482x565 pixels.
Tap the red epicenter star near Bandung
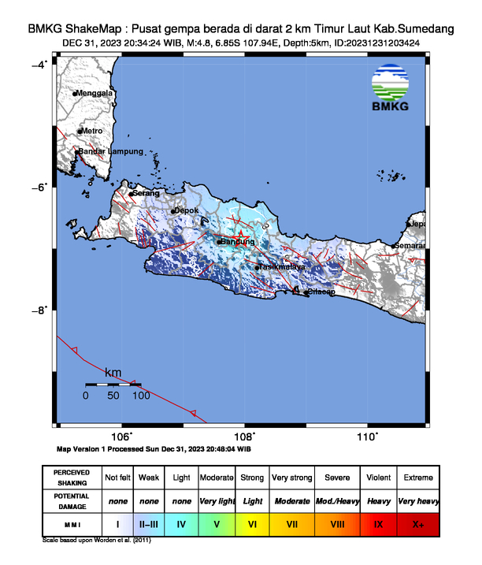coord(243,238)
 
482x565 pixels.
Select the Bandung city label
coord(237,241)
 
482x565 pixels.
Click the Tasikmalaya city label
coord(281,267)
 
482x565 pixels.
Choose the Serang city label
coord(146,192)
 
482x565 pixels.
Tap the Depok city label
coord(187,210)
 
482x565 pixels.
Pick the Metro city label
coord(92,130)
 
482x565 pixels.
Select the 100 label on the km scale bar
coord(140,396)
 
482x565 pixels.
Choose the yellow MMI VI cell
coord(253,522)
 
